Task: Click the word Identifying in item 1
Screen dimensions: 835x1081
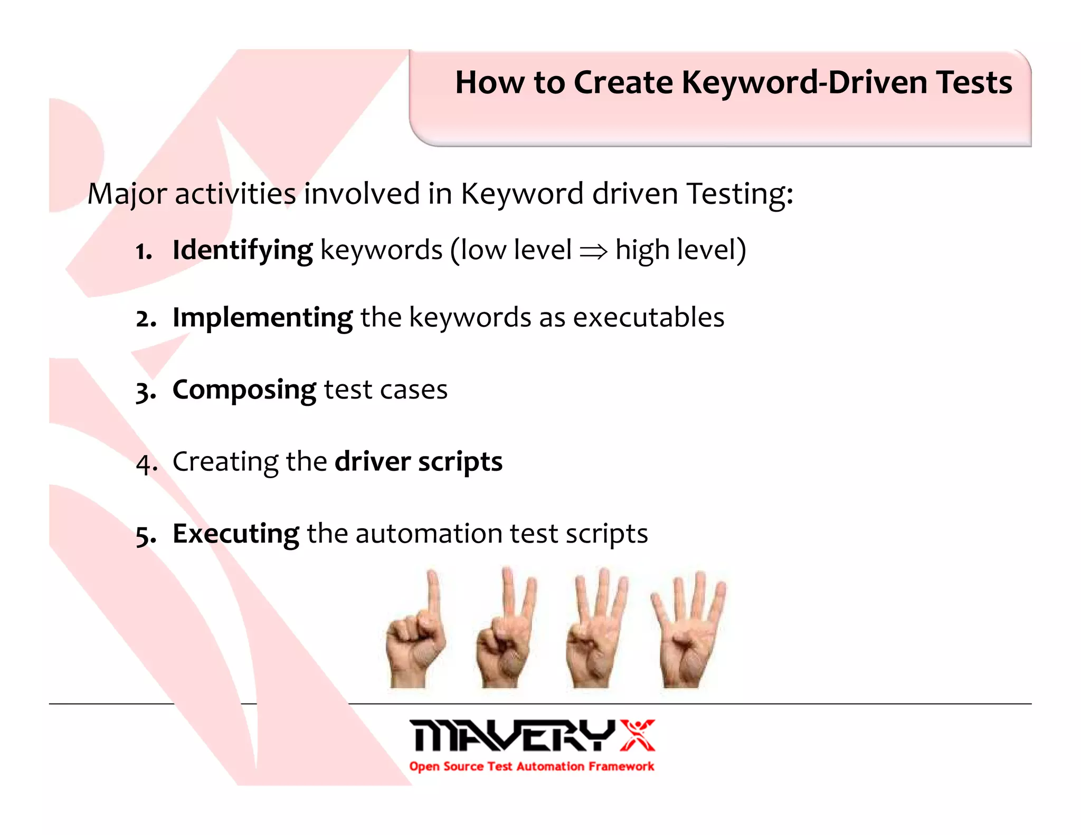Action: point(242,250)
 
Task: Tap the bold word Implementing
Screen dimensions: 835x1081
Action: point(262,318)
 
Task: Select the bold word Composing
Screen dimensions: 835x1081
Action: point(244,390)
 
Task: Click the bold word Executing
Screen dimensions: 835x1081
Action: point(236,534)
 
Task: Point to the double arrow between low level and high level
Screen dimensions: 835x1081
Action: point(593,252)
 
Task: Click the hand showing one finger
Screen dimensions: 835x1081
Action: point(416,630)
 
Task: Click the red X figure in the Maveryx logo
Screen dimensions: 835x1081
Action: point(637,735)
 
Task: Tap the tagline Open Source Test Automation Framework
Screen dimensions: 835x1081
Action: point(532,766)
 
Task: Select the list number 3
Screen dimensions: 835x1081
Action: point(145,392)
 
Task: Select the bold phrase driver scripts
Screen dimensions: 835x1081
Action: point(419,462)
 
